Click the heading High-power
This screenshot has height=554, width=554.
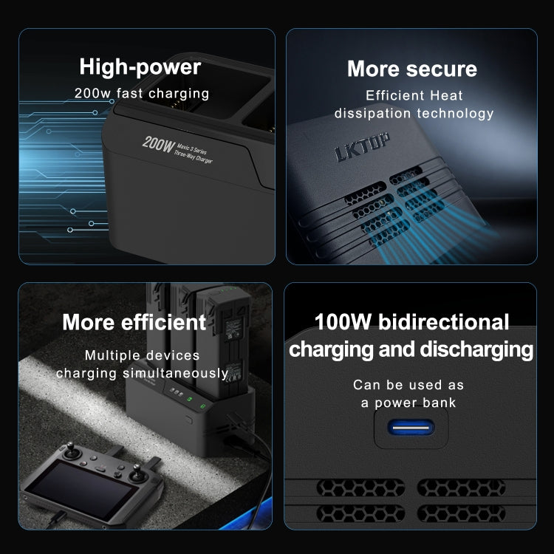click(140, 67)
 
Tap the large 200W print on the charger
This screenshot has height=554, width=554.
click(157, 142)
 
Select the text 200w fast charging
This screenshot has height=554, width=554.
click(142, 94)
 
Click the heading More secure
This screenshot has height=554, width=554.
click(412, 69)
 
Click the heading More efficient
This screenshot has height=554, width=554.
click(134, 322)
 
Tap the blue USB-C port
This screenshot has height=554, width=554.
click(411, 428)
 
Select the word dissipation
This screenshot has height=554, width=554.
click(372, 114)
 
